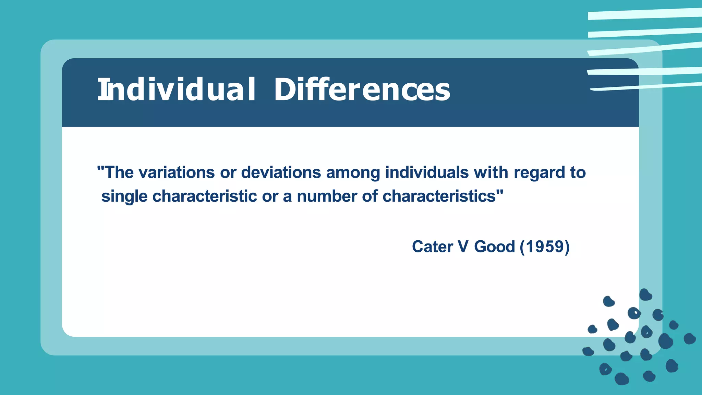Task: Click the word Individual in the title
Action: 177,89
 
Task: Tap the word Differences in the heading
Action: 362,89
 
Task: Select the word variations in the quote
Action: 177,172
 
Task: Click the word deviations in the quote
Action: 281,172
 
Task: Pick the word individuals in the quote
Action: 427,172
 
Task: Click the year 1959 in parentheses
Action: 545,247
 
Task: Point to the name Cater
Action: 432,247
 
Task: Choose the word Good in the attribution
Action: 494,247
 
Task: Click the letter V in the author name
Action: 463,247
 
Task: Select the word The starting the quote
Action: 120,172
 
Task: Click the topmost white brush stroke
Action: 644,14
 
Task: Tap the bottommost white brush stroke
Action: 644,86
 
